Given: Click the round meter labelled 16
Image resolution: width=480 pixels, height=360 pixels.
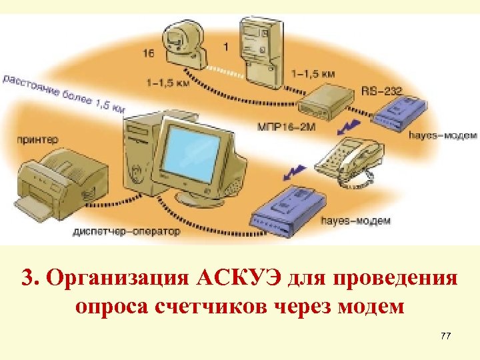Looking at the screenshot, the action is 179,43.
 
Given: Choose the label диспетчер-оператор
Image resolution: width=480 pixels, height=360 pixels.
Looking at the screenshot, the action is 127,233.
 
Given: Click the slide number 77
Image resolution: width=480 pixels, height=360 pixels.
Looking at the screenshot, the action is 445,335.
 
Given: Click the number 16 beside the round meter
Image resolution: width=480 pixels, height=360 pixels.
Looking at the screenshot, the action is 149,51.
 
